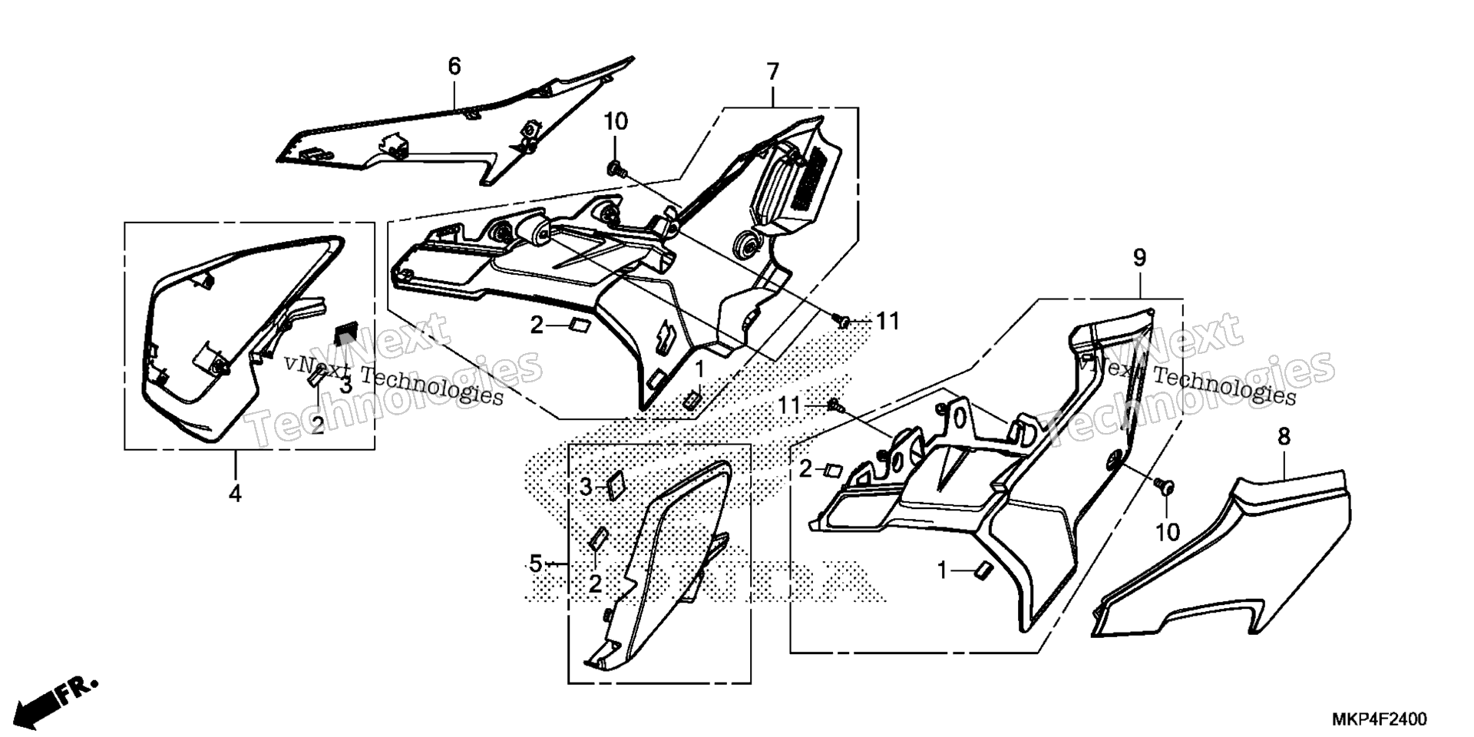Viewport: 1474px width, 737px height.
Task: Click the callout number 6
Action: coord(454,67)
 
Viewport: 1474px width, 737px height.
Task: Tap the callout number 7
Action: coord(772,72)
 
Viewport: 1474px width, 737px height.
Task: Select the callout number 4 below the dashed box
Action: coord(235,493)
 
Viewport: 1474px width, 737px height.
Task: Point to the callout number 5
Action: coord(536,564)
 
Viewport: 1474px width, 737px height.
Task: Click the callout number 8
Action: coord(1284,437)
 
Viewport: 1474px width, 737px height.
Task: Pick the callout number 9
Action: coord(1139,258)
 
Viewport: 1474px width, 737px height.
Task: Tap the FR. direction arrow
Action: coord(57,699)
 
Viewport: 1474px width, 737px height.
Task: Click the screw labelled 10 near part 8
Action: coord(1165,484)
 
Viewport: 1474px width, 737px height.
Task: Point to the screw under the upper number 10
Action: coord(615,167)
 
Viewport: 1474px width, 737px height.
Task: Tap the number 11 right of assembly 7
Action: coord(887,321)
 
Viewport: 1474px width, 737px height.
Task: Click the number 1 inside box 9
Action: coord(942,570)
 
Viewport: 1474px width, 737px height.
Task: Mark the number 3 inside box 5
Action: coord(586,486)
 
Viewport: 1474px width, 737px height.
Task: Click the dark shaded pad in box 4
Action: coord(346,335)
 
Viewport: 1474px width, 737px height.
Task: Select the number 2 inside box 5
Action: coord(595,584)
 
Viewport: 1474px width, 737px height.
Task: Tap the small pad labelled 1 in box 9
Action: coord(982,569)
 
